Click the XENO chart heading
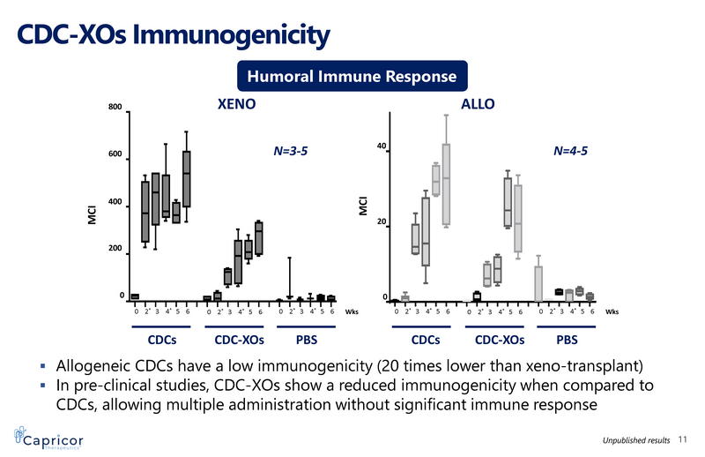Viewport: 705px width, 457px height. (x=236, y=104)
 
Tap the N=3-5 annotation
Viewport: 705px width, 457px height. (x=291, y=151)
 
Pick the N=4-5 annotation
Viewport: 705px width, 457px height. (x=570, y=151)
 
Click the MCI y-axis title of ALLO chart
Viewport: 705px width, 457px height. (x=362, y=205)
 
